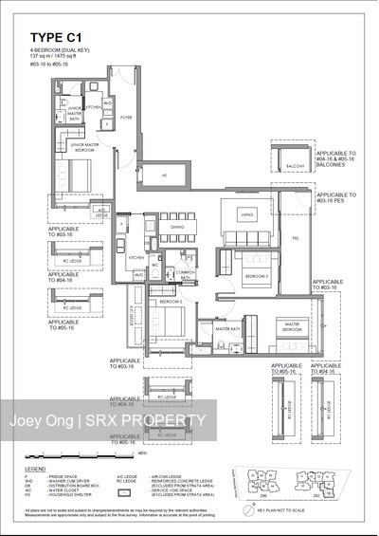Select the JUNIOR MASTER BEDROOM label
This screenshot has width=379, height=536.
(85, 147)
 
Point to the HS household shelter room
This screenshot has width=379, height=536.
(163, 176)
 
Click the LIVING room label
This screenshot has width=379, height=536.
(248, 215)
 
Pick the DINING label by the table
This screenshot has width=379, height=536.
(177, 227)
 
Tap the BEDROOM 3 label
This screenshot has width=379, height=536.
(255, 276)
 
